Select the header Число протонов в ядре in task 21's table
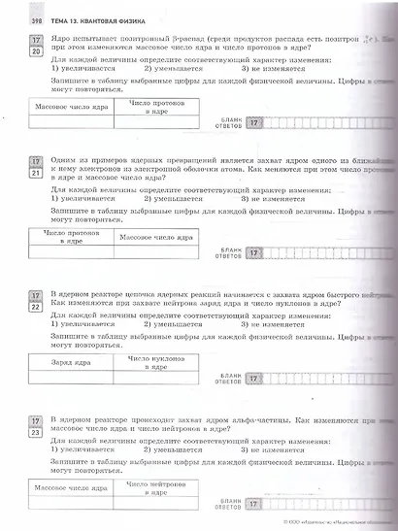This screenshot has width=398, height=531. (x=67, y=238)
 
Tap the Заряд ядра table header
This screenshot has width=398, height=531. (x=70, y=362)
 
